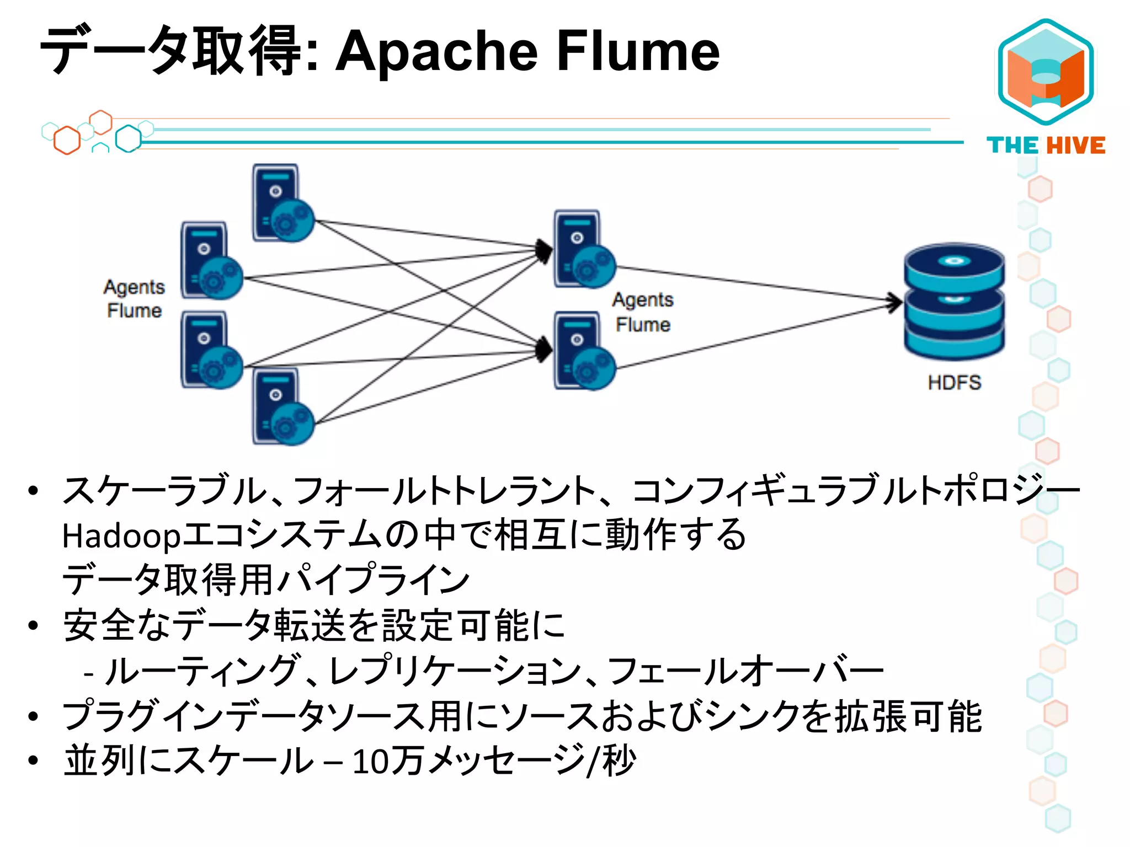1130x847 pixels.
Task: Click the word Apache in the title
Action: click(436, 52)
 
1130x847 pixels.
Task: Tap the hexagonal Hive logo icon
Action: click(1046, 72)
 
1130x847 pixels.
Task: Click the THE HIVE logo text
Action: click(1046, 146)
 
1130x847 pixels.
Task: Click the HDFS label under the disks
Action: click(954, 382)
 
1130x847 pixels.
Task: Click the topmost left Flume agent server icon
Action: click(282, 203)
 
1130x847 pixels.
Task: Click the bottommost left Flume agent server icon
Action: click(282, 407)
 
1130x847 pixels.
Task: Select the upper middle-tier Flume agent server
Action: click(584, 249)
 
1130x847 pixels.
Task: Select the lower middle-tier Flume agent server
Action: click(584, 351)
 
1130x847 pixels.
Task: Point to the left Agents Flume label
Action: click(134, 298)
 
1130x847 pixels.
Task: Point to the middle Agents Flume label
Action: click(643, 312)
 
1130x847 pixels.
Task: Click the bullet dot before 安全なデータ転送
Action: click(34, 626)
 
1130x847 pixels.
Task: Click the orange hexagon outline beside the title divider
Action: click(67, 140)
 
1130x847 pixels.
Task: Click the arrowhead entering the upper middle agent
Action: click(544, 251)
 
